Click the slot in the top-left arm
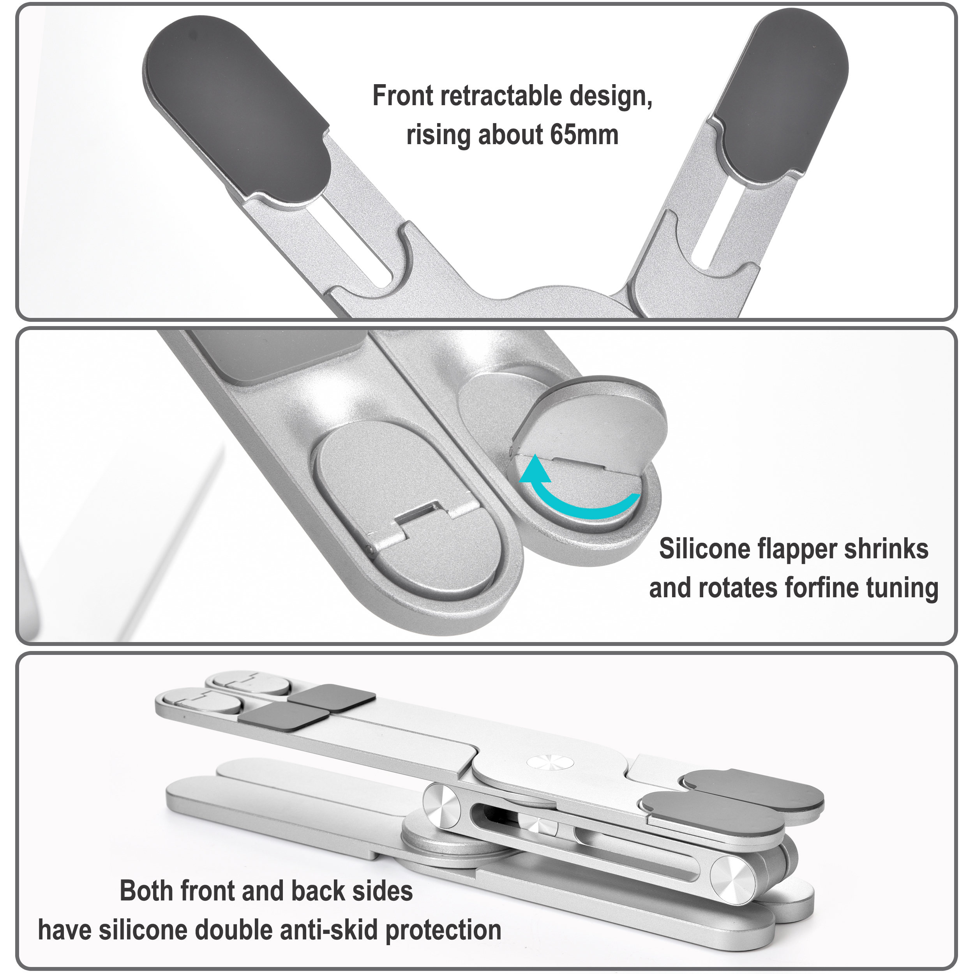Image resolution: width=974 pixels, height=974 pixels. click(353, 242)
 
